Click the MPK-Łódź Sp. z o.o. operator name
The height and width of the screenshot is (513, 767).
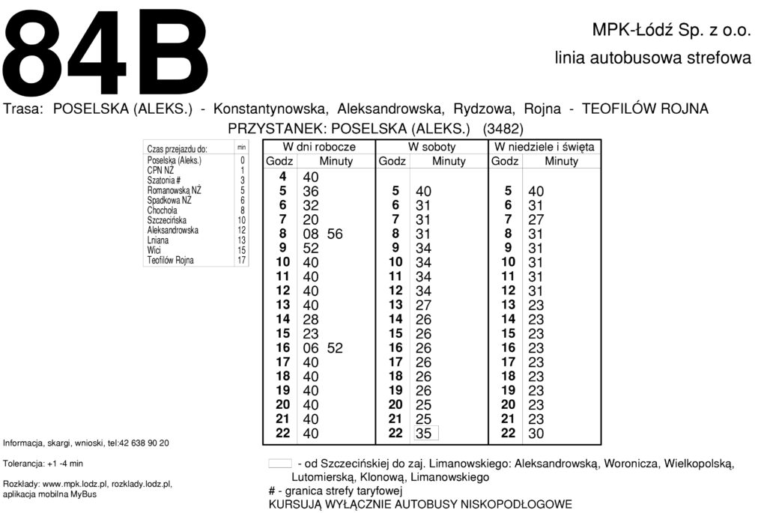(671, 31)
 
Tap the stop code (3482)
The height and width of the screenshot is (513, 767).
(503, 128)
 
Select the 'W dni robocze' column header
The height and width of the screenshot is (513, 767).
(318, 147)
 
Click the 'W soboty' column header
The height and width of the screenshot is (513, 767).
(431, 147)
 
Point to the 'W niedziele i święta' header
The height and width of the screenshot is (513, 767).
(545, 147)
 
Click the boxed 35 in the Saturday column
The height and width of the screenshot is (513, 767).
(423, 433)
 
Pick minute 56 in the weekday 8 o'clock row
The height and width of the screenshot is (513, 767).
(335, 234)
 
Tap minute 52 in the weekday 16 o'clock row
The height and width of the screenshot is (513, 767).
(335, 347)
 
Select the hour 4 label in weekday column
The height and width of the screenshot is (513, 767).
(282, 177)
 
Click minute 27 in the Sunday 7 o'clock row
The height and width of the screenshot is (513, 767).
(536, 219)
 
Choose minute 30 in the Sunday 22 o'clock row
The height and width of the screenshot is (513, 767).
(536, 433)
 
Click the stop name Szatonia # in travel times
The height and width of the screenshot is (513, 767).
(164, 180)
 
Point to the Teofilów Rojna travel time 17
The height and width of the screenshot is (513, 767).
(241, 261)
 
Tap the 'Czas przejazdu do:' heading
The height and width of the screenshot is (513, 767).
(178, 149)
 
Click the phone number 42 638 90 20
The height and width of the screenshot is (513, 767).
(143, 443)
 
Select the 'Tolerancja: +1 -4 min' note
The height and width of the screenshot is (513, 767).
(43, 464)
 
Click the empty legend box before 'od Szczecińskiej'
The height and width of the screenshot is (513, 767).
(279, 464)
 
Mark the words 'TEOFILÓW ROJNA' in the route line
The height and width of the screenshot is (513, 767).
(645, 109)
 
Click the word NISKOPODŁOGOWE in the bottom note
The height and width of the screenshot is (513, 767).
(514, 505)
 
